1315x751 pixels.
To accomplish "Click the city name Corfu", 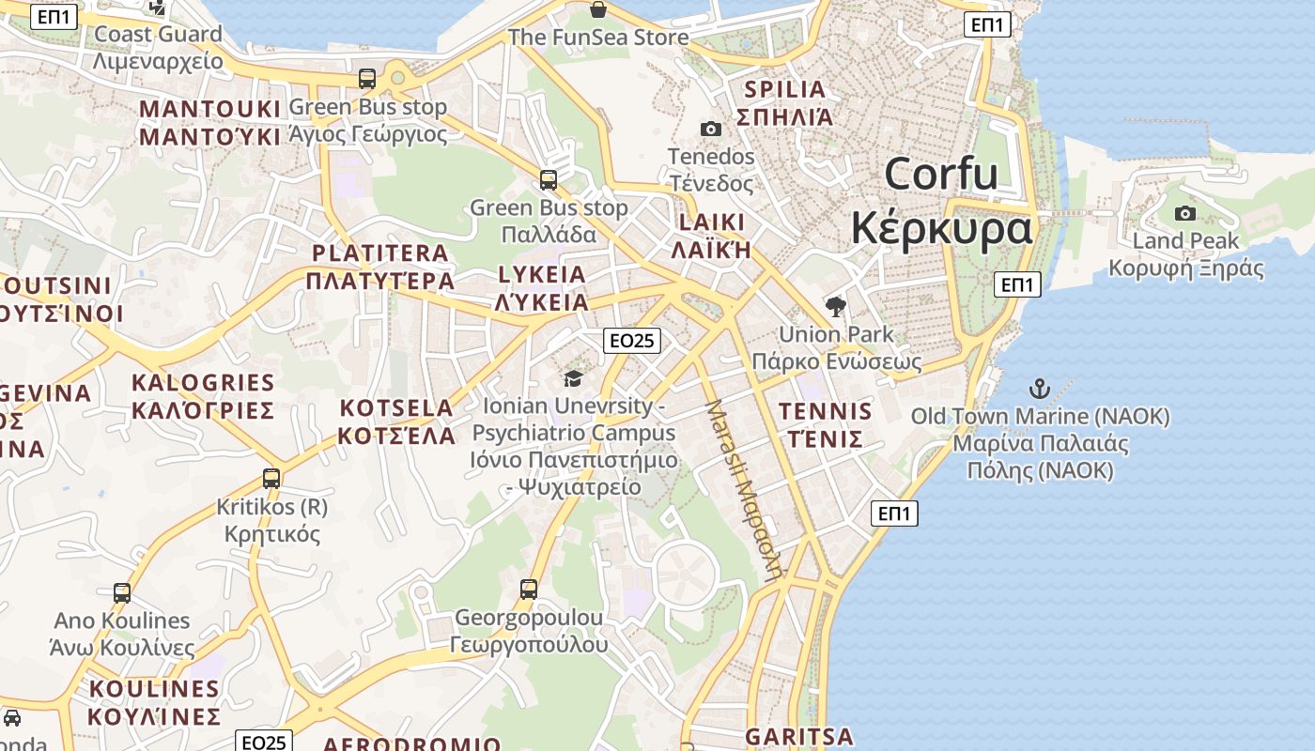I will pyautogui.click(x=941, y=175).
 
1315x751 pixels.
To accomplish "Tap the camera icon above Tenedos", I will pyautogui.click(x=711, y=129).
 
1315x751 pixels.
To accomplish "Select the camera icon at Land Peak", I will pyautogui.click(x=1185, y=213).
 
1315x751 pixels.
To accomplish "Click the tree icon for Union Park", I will pyautogui.click(x=835, y=306).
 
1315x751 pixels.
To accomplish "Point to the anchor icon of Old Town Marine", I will pyautogui.click(x=1039, y=388).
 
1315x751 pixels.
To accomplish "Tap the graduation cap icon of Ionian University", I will pyautogui.click(x=573, y=378).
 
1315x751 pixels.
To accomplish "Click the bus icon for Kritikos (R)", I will pyautogui.click(x=271, y=479).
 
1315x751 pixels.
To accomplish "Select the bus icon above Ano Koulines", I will pyautogui.click(x=122, y=593).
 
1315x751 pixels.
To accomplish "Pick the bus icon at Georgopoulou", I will pyautogui.click(x=529, y=590).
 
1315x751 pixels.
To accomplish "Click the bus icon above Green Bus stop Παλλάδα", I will pyautogui.click(x=549, y=179).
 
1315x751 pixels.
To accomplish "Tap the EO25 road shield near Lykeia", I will pyautogui.click(x=631, y=341).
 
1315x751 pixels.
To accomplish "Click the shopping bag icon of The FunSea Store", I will pyautogui.click(x=598, y=10).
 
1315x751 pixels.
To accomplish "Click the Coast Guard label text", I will pyautogui.click(x=159, y=35).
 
